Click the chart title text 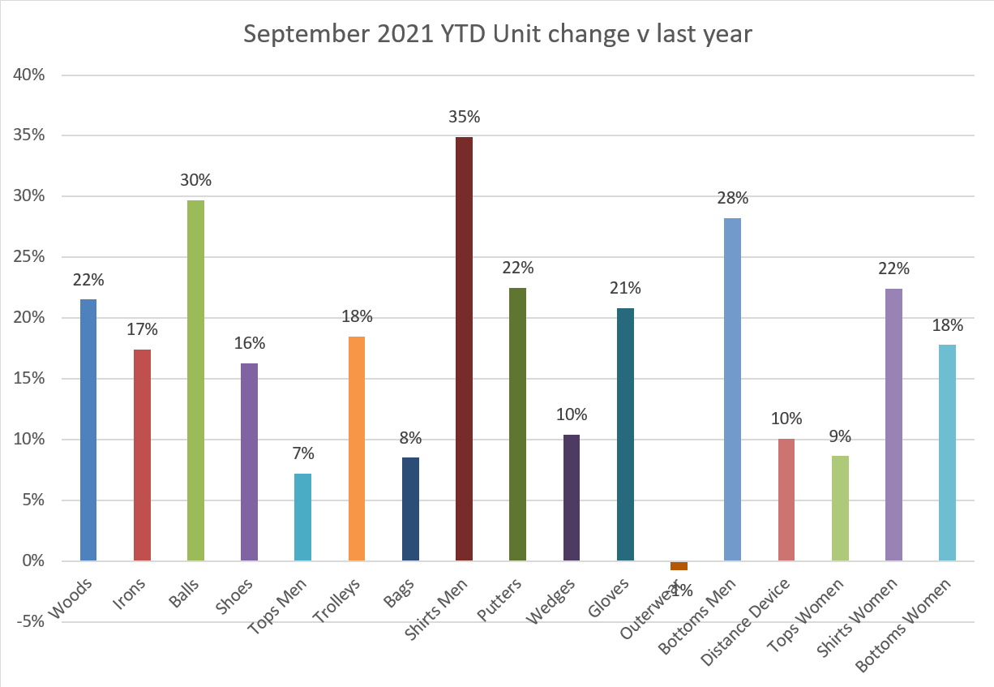498,35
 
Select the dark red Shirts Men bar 464,349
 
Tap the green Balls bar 195,380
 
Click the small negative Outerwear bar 679,565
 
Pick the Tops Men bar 302,517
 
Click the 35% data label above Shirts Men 465,117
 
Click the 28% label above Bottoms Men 732,199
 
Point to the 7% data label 302,454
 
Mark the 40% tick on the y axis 28,75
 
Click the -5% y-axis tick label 28,622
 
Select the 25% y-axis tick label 28,257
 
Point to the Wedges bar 571,497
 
